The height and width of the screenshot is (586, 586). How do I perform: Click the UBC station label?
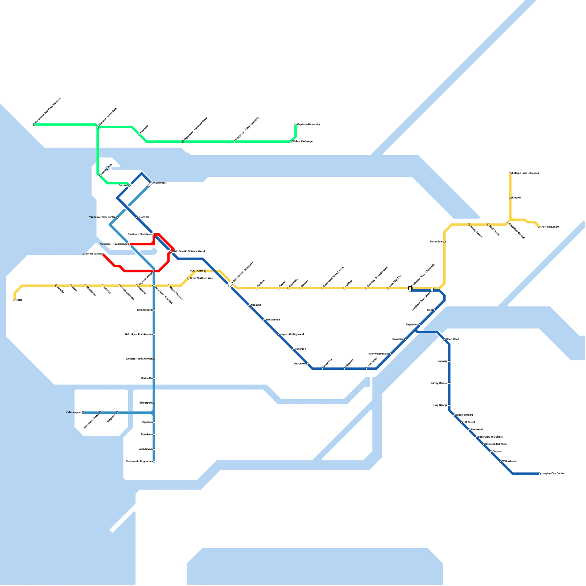point(19,300)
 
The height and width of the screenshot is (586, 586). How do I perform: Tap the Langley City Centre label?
point(553,474)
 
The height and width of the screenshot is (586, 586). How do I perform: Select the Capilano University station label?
point(308,125)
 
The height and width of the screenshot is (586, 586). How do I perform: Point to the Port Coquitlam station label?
point(550,227)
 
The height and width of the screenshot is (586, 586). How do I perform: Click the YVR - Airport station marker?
point(83,413)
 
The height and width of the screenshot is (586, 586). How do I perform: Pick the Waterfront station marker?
point(150,185)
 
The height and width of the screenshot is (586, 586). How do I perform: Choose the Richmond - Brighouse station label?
point(139,461)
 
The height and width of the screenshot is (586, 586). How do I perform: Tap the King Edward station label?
point(144,310)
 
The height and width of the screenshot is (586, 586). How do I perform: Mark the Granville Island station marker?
point(103,254)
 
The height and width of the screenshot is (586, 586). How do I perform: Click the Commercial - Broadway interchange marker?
point(230,285)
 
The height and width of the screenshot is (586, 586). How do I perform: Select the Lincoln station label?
point(516,198)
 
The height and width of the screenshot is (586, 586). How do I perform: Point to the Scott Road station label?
point(453,340)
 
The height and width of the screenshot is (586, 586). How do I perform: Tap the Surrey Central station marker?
point(449,383)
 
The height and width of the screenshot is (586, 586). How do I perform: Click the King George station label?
point(440,405)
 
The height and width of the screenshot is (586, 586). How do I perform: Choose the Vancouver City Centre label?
point(102,217)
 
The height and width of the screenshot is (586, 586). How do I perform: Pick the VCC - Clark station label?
point(196,271)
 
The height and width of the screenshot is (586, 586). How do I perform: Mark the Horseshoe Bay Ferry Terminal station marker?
point(34,125)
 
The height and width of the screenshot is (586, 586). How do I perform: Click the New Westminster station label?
point(378,354)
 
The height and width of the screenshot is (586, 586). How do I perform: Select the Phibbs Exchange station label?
point(303,142)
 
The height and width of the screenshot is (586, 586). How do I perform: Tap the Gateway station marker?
point(449,361)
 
